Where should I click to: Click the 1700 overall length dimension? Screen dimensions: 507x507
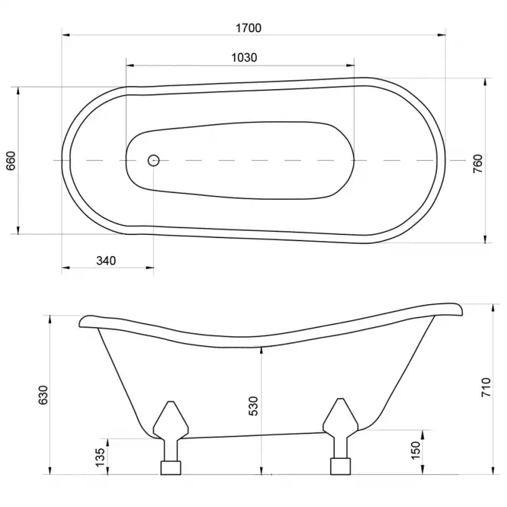[249, 28]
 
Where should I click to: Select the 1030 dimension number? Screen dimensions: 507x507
[244, 57]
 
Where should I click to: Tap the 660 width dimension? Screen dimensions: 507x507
[11, 161]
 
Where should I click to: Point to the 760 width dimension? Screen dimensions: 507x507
[477, 164]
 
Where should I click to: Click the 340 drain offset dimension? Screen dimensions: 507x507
[106, 261]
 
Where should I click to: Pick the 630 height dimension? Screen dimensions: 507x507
[43, 395]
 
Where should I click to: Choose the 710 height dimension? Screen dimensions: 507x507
[486, 387]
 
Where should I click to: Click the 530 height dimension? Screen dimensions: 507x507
[253, 406]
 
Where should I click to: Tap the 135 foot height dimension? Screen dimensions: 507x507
[100, 457]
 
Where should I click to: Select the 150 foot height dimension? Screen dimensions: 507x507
[416, 451]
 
